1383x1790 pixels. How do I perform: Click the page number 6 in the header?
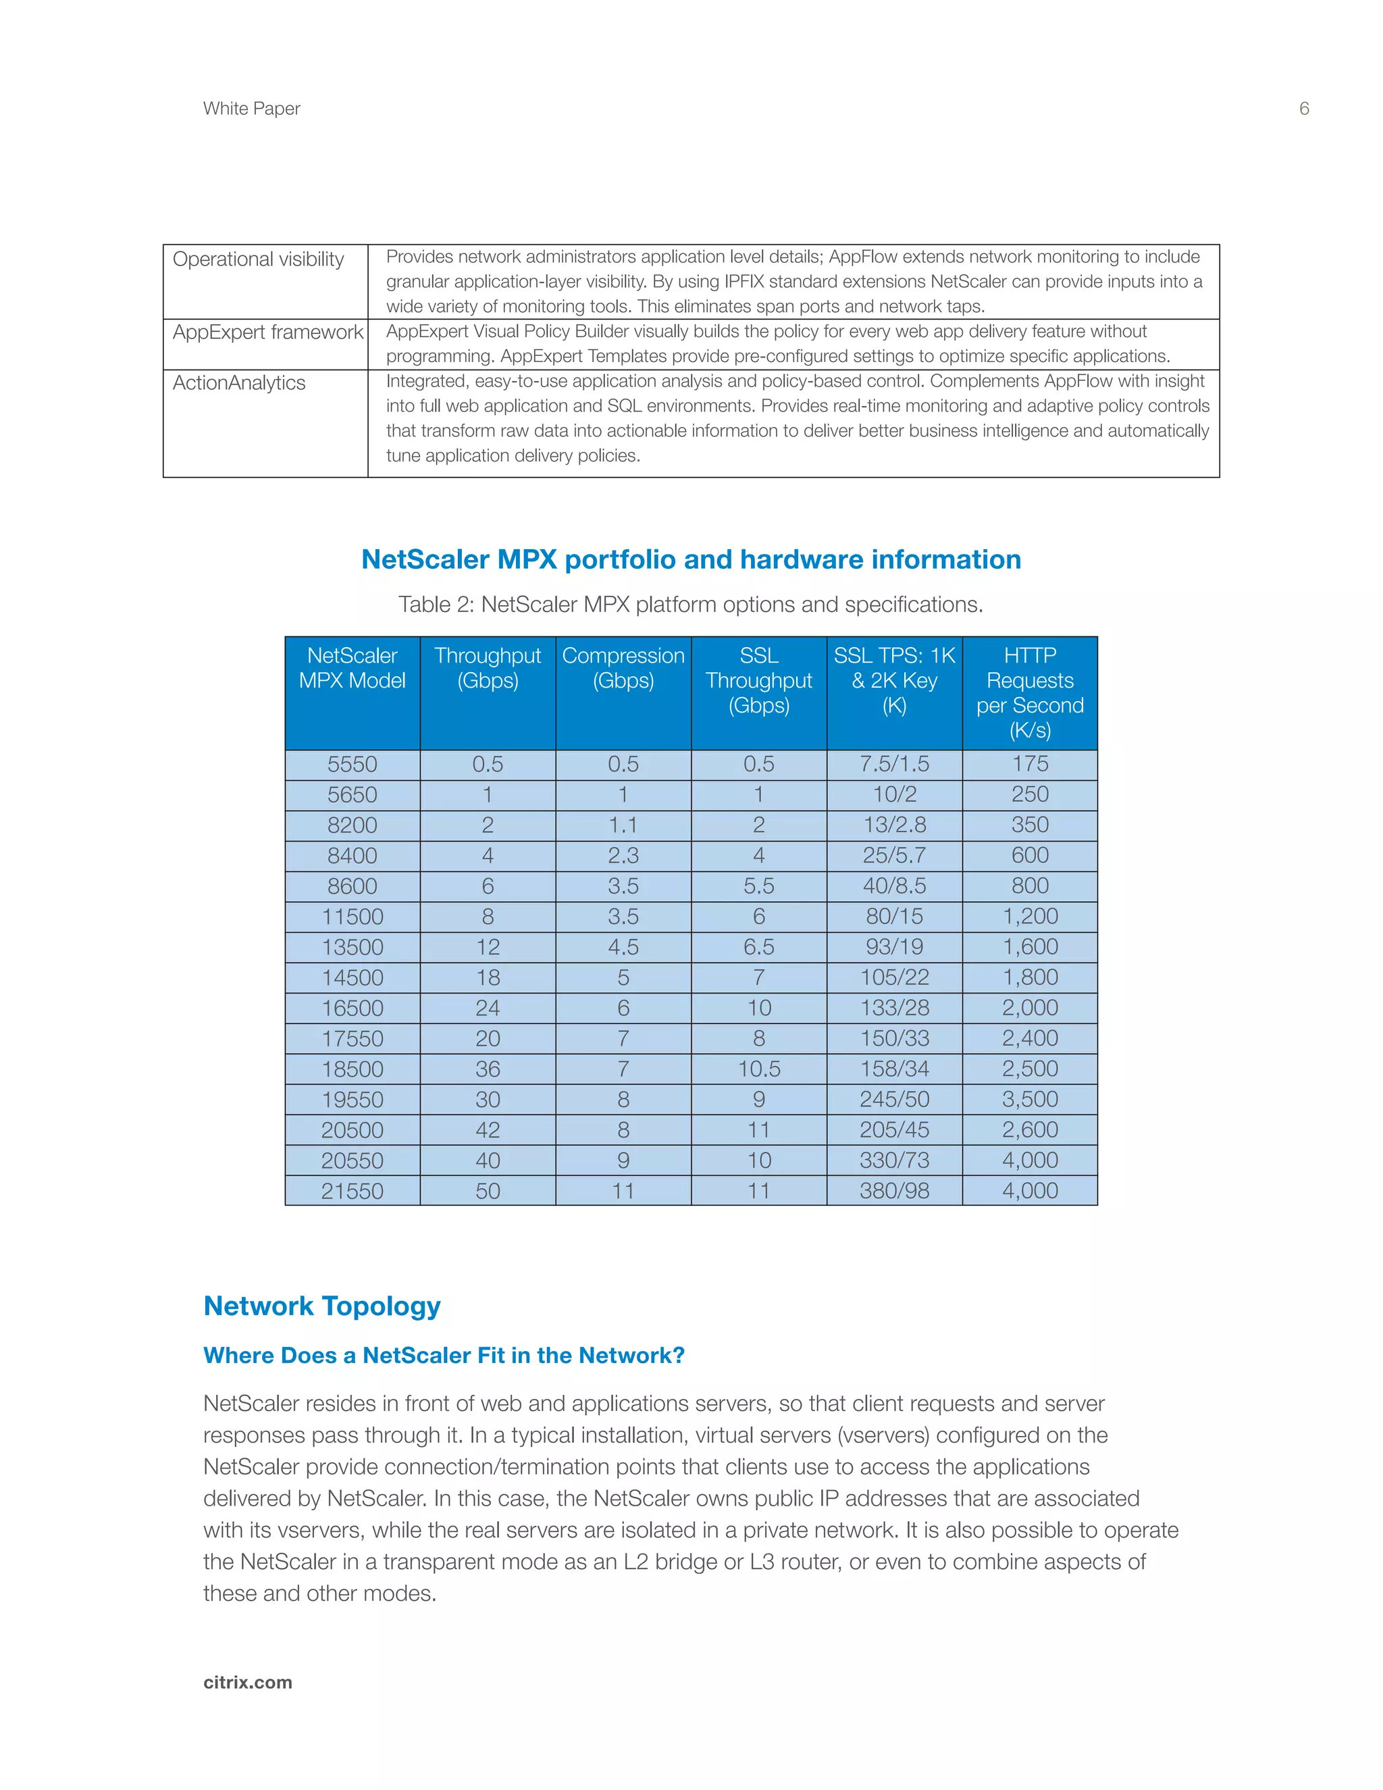(1303, 109)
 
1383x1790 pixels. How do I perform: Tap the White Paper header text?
(251, 109)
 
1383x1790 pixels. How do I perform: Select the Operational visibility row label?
(258, 260)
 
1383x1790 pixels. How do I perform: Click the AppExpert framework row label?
(267, 333)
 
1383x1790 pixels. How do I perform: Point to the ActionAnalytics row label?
(238, 384)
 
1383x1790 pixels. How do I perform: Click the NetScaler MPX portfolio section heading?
(691, 560)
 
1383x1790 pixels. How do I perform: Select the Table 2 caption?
(691, 605)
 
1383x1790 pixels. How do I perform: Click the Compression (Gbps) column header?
(623, 668)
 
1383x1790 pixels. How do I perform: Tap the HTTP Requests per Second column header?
(1030, 692)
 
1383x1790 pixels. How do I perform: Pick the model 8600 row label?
(353, 886)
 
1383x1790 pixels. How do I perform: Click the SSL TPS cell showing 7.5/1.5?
(894, 764)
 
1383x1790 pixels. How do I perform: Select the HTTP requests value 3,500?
(1030, 1099)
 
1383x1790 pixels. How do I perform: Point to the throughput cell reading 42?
(488, 1130)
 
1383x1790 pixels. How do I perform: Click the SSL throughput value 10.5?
(758, 1069)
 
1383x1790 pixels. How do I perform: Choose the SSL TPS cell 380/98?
(894, 1191)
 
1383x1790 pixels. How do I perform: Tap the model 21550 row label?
(353, 1191)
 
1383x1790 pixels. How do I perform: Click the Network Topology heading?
(322, 1306)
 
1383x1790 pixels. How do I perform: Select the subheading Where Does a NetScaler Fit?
(443, 1356)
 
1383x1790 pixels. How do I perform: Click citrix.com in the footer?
(247, 1683)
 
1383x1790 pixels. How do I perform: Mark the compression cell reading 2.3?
(623, 856)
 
